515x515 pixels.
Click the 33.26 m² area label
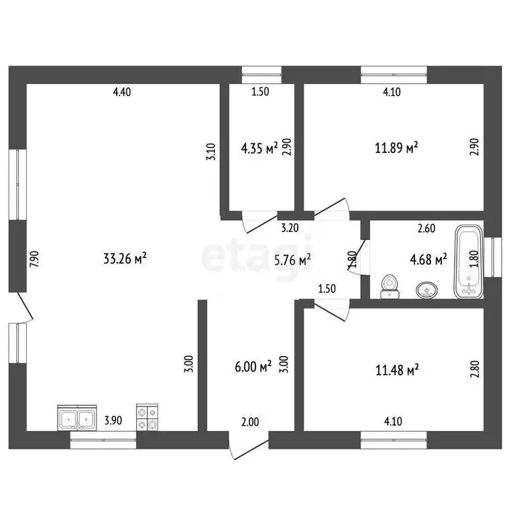pyautogui.click(x=125, y=258)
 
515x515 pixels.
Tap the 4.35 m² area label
pyautogui.click(x=260, y=148)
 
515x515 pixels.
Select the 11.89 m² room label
pyautogui.click(x=396, y=148)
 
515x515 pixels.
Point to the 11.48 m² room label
pyautogui.click(x=397, y=370)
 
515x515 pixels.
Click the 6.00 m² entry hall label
pyautogui.click(x=253, y=367)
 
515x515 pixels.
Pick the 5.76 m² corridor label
pyautogui.click(x=292, y=260)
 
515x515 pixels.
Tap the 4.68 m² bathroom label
pyautogui.click(x=428, y=259)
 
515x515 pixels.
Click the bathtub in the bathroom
pyautogui.click(x=469, y=262)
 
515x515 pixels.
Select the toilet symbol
pyautogui.click(x=390, y=287)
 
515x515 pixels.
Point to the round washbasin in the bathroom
pyautogui.click(x=426, y=290)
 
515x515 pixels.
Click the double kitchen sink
pyautogui.click(x=77, y=418)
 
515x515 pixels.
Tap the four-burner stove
pyautogui.click(x=147, y=417)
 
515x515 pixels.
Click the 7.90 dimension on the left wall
pyautogui.click(x=34, y=259)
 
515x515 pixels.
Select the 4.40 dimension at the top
pyautogui.click(x=122, y=92)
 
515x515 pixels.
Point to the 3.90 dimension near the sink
pyautogui.click(x=113, y=420)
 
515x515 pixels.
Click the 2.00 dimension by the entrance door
pyautogui.click(x=250, y=422)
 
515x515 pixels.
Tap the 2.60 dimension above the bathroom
pyautogui.click(x=426, y=228)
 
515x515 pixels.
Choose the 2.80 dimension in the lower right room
pyautogui.click(x=475, y=369)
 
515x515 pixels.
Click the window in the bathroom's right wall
pyautogui.click(x=493, y=257)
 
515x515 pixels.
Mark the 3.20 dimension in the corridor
pyautogui.click(x=290, y=228)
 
